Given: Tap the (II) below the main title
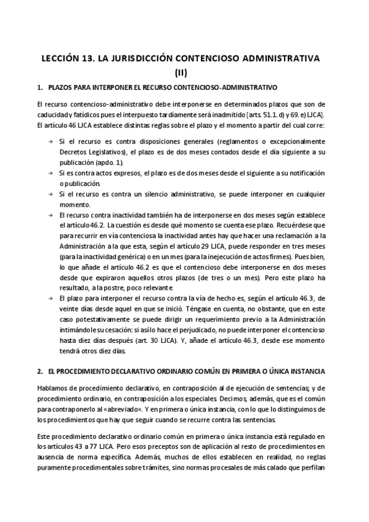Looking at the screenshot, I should coord(184,72).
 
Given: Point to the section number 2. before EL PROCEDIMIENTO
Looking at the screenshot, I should coord(40,373).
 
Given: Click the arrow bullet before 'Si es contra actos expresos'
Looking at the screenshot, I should coord(51,174).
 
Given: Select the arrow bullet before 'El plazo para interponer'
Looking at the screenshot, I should coord(51,299).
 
